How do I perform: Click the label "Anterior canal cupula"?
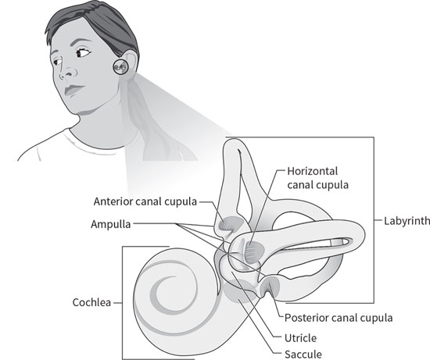pos(145,201)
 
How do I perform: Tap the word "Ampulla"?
pos(111,224)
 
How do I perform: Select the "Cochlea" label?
pos(91,302)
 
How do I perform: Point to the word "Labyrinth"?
pos(407,221)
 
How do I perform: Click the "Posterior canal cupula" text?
pos(339,318)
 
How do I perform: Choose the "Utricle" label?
pos(300,338)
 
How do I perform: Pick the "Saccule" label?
pos(303,354)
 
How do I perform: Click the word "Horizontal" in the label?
pos(313,171)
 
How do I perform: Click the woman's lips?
pos(73,90)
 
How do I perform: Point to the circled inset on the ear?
pos(120,66)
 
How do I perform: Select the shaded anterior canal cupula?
pos(230,224)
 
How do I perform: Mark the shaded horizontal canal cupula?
pos(254,251)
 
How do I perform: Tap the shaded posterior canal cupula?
pos(271,286)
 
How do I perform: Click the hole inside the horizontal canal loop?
pos(293,221)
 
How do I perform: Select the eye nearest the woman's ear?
pos(82,52)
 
